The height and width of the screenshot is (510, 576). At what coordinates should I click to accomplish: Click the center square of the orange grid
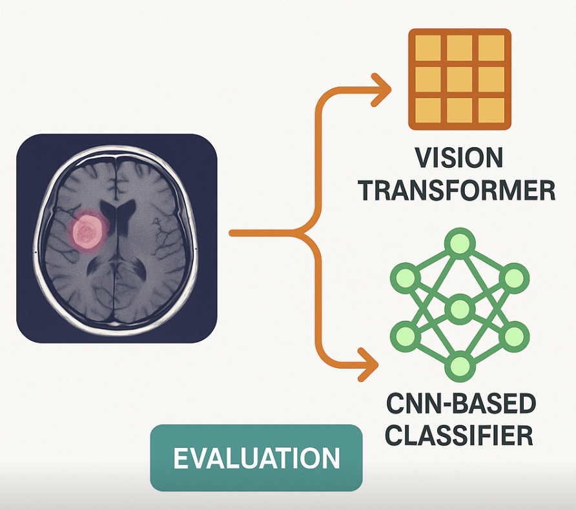tap(459, 79)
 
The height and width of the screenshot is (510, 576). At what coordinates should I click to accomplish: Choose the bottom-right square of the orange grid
tap(491, 110)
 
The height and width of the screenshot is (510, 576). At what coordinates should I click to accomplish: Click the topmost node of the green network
tap(458, 244)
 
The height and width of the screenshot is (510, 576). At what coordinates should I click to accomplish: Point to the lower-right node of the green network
tap(514, 335)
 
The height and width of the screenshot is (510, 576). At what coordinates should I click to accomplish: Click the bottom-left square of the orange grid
tap(427, 110)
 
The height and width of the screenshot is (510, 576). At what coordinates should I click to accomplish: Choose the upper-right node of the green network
tap(514, 278)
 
